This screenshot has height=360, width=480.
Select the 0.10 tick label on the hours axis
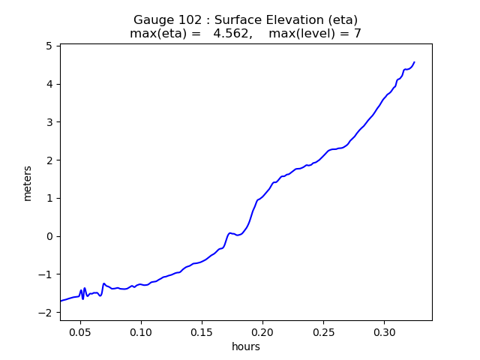140,331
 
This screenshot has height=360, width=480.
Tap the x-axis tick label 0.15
201,331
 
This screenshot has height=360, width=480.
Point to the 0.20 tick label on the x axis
262,331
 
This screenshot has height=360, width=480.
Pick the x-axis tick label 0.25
323,331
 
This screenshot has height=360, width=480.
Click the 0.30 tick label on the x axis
384,331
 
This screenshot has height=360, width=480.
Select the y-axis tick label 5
49,46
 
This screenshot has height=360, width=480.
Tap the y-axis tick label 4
49,84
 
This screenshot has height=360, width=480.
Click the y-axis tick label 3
49,122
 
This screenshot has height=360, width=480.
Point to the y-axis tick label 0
49,236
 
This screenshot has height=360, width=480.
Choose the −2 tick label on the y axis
46,313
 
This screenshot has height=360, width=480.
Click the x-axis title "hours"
246,346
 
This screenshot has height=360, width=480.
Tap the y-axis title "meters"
28,183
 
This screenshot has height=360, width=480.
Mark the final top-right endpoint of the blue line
414,62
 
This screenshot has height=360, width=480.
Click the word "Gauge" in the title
153,19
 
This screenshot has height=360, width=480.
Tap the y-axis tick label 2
49,160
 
